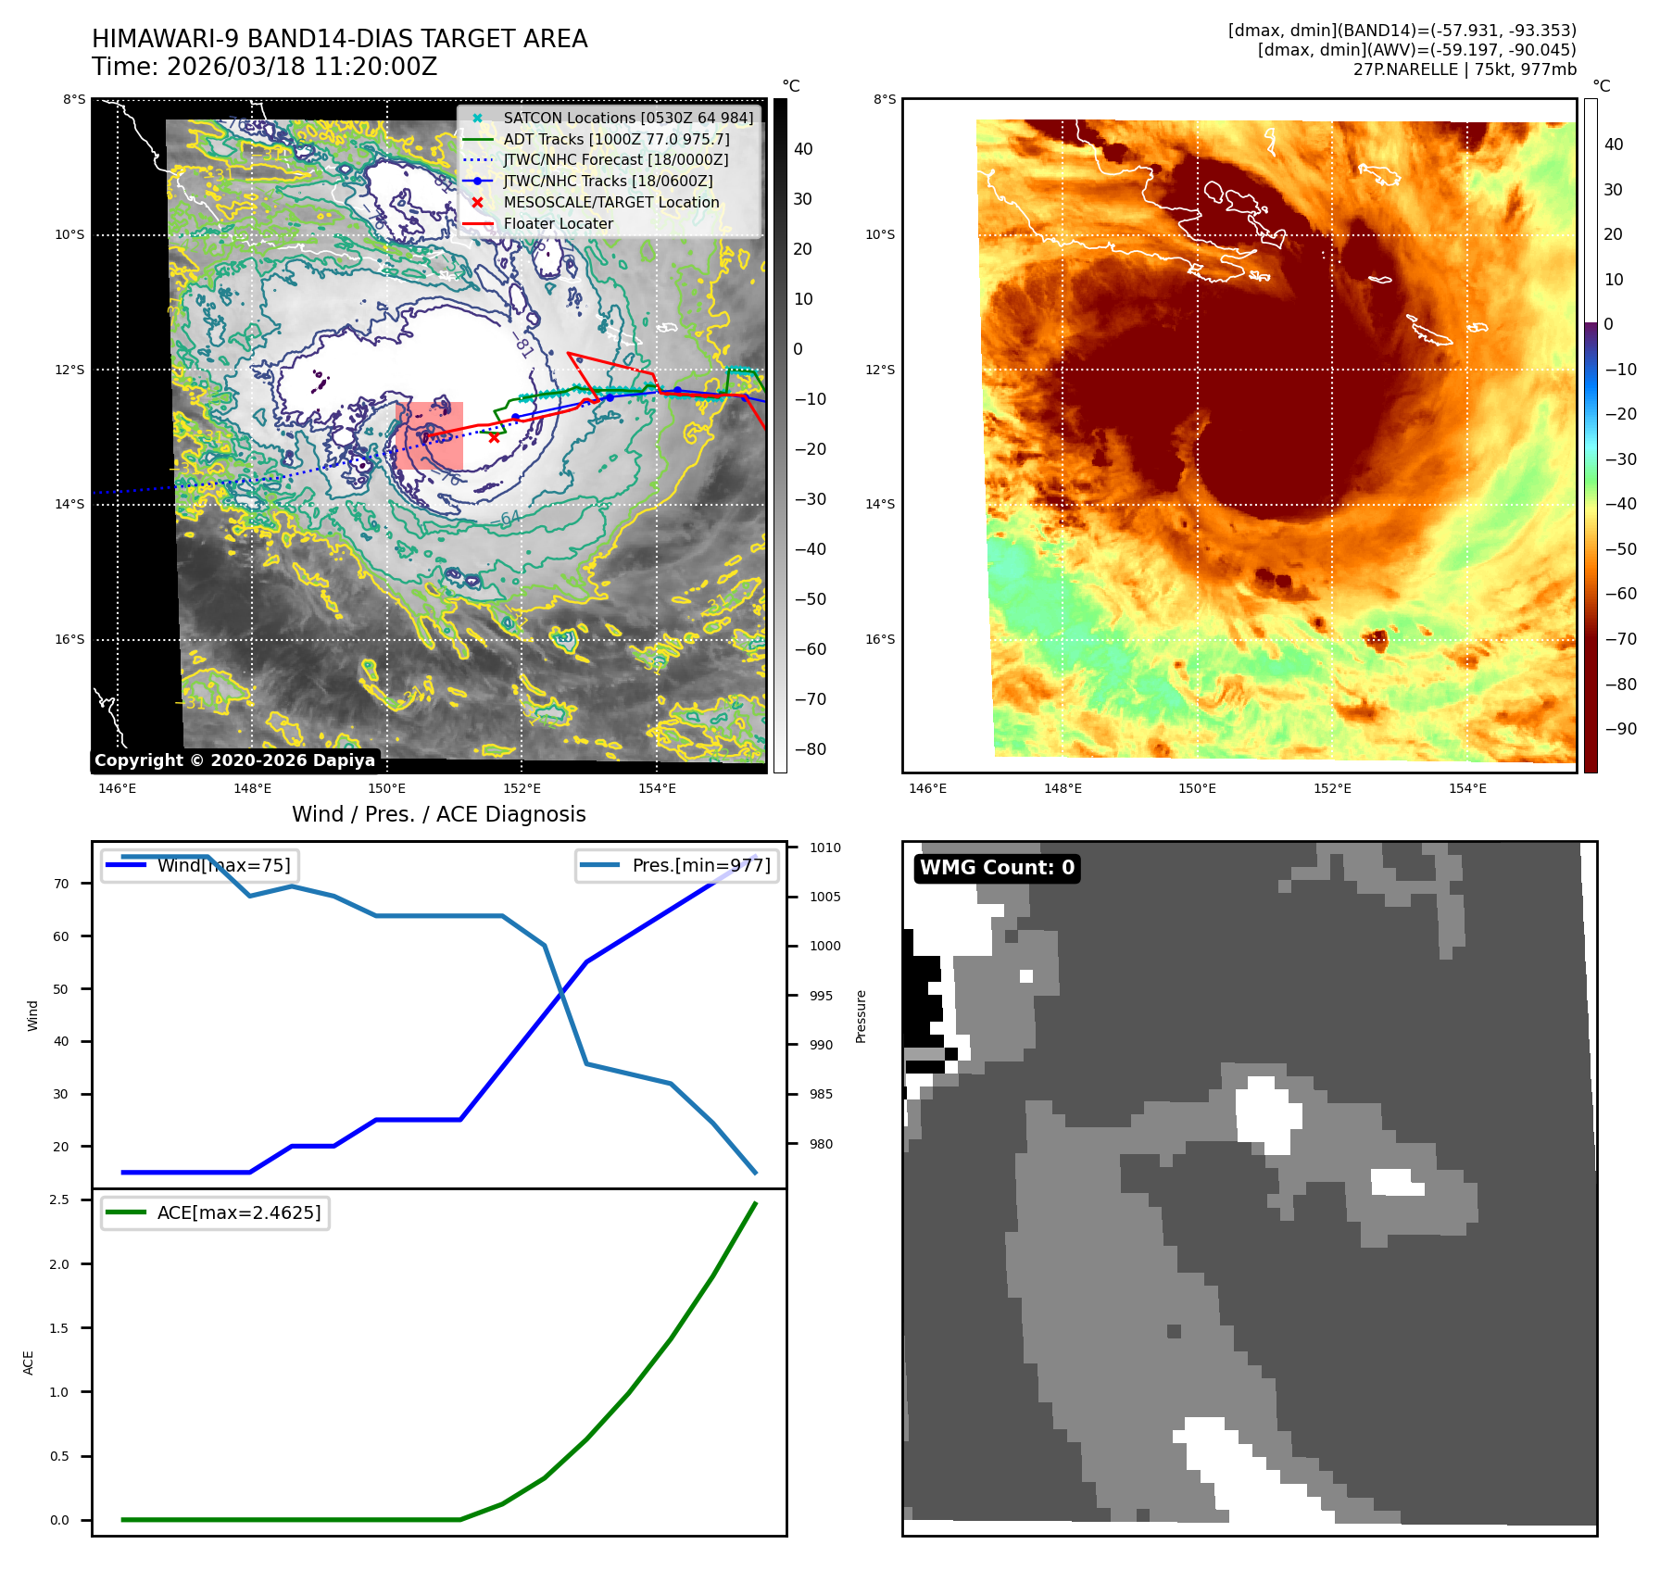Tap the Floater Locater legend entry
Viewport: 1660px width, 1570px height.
click(558, 224)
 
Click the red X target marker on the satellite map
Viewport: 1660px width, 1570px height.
click(494, 437)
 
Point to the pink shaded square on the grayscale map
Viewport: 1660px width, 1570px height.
click(429, 435)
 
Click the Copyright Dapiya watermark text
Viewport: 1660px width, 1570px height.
click(234, 760)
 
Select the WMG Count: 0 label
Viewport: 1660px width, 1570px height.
click(997, 868)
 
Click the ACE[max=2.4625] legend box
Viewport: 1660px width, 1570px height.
click(216, 1213)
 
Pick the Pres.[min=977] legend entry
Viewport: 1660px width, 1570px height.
click(677, 866)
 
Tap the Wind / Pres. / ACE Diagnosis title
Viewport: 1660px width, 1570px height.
click(438, 814)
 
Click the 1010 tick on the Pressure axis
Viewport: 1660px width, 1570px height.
click(824, 848)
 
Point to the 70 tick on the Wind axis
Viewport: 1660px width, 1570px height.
click(61, 884)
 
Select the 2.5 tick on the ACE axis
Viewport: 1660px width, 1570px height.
click(59, 1200)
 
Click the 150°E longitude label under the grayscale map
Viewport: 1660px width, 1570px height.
click(386, 789)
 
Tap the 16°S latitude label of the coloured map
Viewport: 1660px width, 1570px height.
click(880, 640)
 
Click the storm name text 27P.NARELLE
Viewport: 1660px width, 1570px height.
click(1405, 69)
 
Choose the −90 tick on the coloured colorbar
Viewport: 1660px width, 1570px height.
click(1620, 729)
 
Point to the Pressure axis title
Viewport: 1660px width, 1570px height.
click(861, 1016)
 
